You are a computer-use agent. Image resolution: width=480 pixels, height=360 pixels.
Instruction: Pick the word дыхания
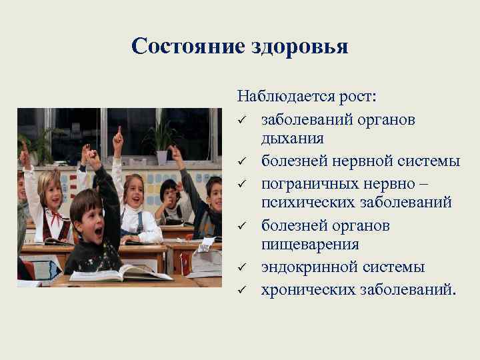pyautogui.click(x=293, y=139)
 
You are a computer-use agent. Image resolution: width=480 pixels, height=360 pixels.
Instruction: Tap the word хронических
pyautogui.click(x=306, y=289)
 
